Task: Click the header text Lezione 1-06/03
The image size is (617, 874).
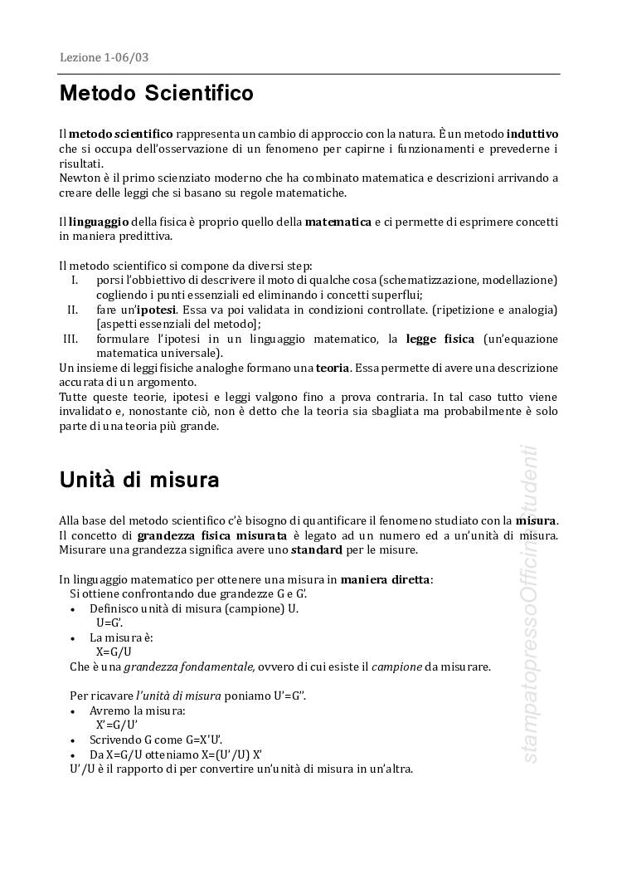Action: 104,57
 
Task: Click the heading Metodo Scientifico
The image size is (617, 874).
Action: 156,93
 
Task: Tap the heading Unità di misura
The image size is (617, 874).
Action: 138,480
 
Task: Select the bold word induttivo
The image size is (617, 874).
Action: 532,134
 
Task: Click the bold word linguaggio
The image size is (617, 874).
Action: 99,222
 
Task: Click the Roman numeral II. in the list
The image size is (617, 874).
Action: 72,310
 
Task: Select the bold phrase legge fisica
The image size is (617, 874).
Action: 440,339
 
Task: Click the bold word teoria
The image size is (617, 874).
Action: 332,368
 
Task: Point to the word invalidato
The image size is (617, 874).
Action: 89,412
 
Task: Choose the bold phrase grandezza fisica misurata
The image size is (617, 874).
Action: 212,535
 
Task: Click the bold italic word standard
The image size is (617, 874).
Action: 316,549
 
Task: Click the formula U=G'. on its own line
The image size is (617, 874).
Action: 109,623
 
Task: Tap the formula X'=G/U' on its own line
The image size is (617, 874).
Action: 116,725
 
